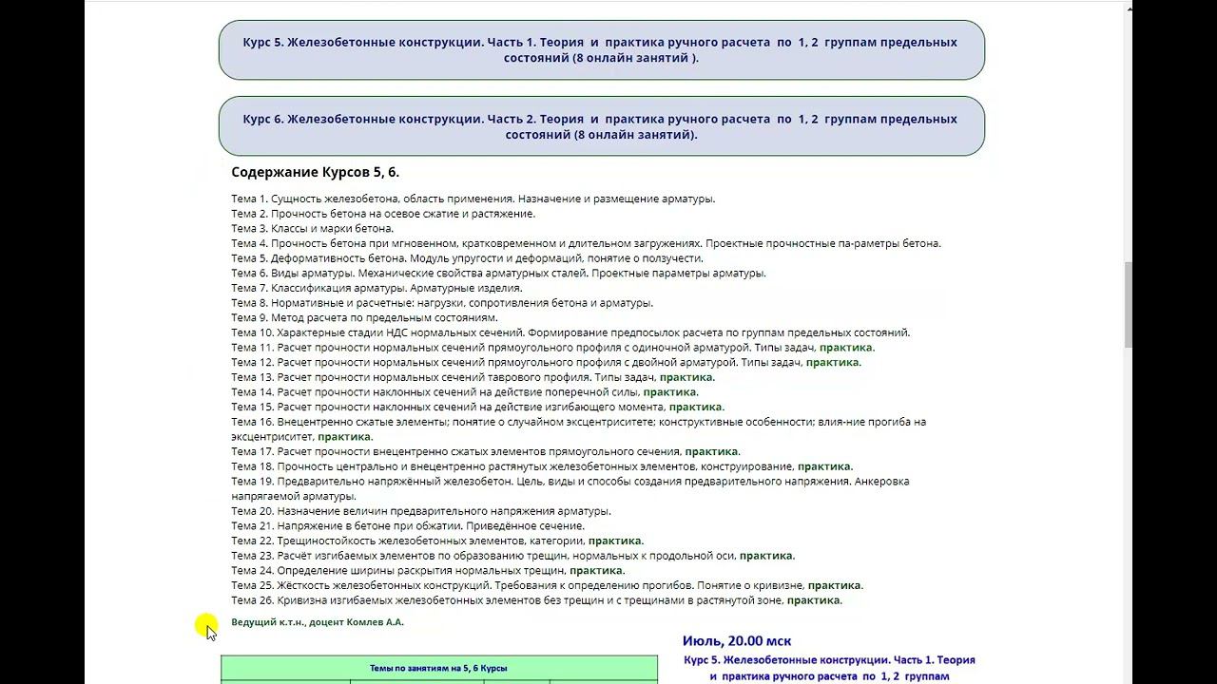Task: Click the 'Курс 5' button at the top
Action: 601,49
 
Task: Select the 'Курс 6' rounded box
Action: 601,126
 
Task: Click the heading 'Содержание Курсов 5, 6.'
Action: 315,172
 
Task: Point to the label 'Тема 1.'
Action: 249,199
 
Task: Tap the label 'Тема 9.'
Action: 249,317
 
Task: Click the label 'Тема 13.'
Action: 252,377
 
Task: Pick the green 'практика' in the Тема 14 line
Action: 669,392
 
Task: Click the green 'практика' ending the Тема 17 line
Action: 711,451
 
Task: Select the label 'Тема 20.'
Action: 252,511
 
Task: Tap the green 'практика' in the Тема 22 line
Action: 614,541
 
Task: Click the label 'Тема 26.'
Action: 252,600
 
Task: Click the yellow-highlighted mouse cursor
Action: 207,628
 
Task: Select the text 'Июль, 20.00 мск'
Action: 737,641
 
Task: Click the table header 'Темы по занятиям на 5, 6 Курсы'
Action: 438,668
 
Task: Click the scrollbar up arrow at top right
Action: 1130,9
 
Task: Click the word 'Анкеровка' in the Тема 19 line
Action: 882,482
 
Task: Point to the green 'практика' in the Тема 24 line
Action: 595,571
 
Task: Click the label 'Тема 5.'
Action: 249,258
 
